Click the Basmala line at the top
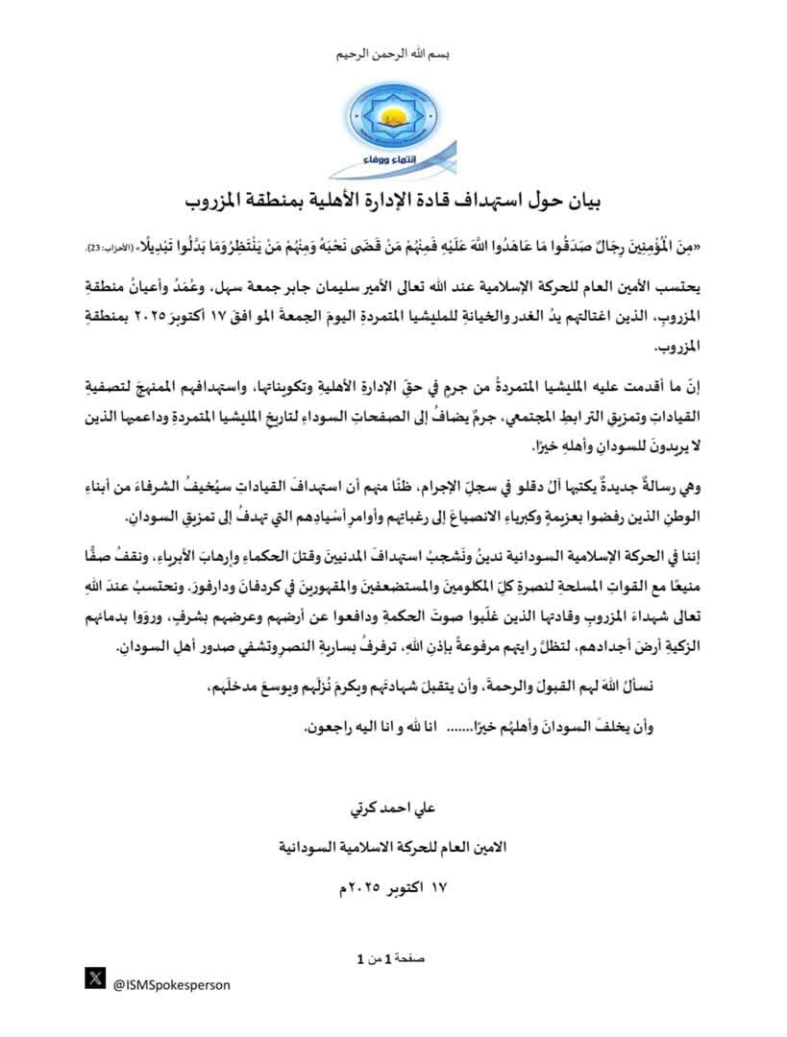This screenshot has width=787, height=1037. [395, 56]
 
